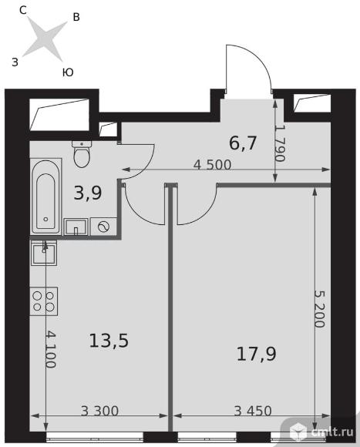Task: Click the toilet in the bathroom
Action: (82, 154)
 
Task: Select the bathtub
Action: (46, 197)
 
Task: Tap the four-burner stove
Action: (44, 301)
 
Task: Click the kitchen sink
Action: (44, 253)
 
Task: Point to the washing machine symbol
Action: (103, 227)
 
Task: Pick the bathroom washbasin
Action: (76, 227)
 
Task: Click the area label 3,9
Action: (88, 193)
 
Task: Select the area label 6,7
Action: (243, 143)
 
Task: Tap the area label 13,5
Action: (109, 341)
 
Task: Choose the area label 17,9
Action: (257, 354)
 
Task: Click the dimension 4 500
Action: (212, 165)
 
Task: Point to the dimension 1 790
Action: (280, 143)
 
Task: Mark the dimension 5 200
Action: (319, 309)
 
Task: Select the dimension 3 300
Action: (99, 411)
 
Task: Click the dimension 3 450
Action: (253, 411)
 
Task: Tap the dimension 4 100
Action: (50, 349)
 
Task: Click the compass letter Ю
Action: (68, 72)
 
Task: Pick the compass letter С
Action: (23, 11)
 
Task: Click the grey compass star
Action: (45, 39)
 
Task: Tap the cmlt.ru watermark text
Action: (332, 432)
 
